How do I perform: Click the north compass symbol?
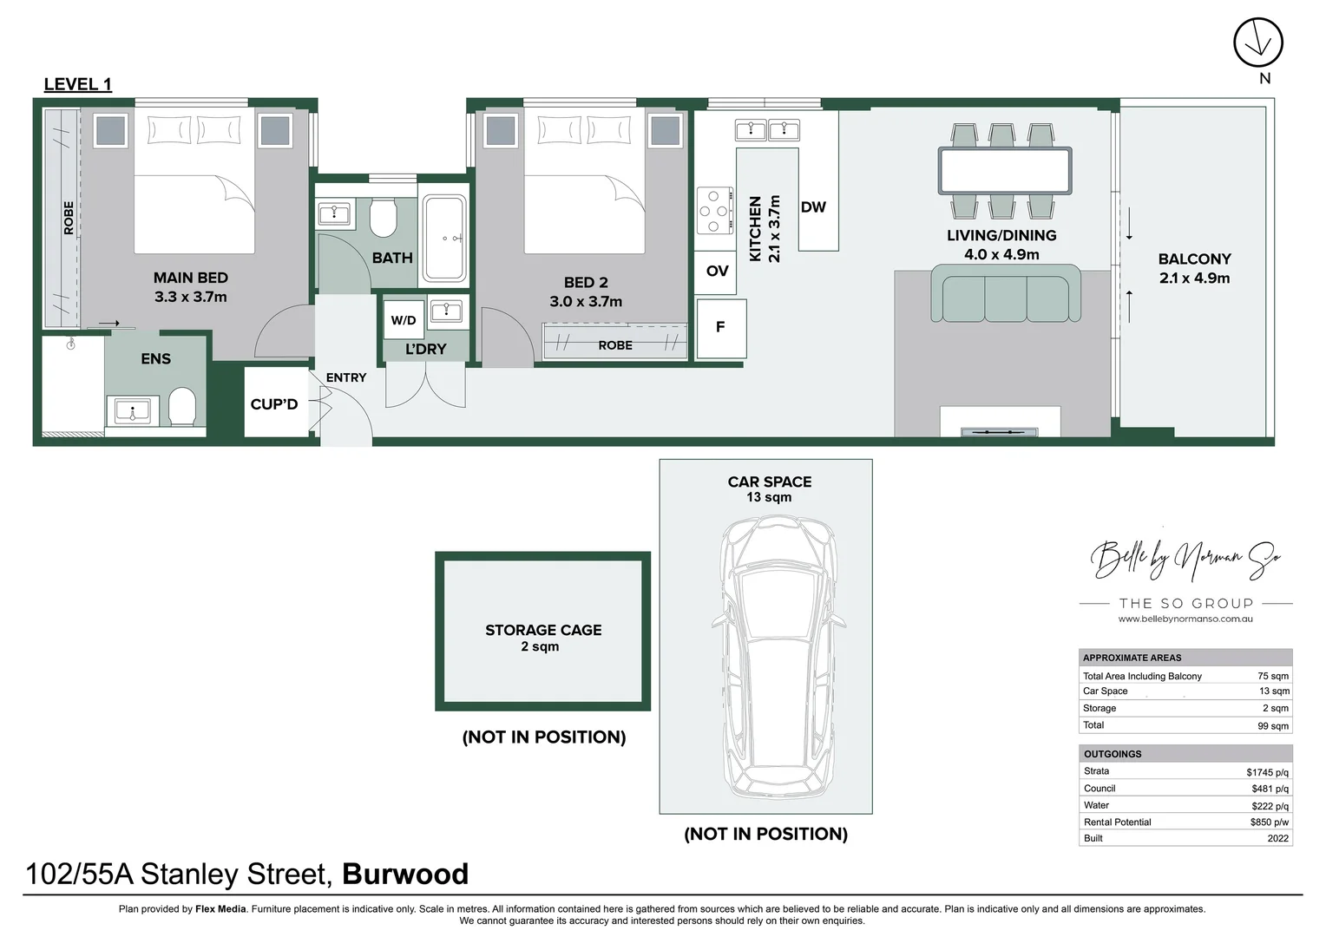[x=1257, y=43]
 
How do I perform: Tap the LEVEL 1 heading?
[x=77, y=84]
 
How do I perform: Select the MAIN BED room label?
[x=191, y=278]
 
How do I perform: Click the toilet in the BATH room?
[x=383, y=217]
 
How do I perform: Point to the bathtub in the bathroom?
[x=444, y=239]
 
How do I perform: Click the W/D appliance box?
[x=404, y=320]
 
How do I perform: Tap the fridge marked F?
[x=720, y=327]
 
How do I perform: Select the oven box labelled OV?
[x=717, y=271]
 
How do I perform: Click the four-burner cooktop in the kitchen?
[x=714, y=211]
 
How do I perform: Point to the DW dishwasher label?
[x=813, y=206]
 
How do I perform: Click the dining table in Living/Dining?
[x=1004, y=171]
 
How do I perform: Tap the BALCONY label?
[x=1194, y=259]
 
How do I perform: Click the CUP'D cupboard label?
[x=274, y=403]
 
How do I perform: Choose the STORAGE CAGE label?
[x=543, y=630]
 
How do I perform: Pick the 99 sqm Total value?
[x=1272, y=726]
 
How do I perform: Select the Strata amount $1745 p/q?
[x=1267, y=772]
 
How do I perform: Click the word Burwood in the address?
[x=405, y=874]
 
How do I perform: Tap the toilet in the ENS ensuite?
[x=182, y=406]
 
